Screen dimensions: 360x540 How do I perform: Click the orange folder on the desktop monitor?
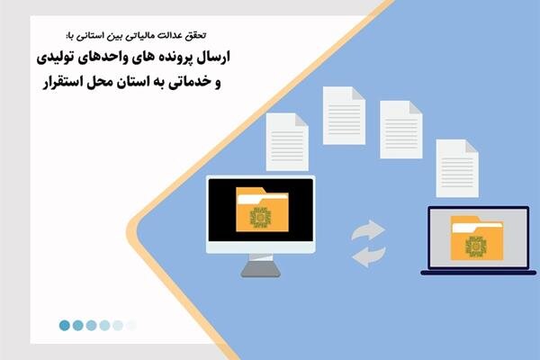pyautogui.click(x=260, y=212)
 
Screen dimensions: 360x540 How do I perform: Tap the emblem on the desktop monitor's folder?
pyautogui.click(x=260, y=219)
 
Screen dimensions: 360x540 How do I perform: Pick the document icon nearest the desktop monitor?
pyautogui.click(x=287, y=141)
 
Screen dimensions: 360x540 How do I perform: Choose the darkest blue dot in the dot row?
pyautogui.click(x=65, y=326)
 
